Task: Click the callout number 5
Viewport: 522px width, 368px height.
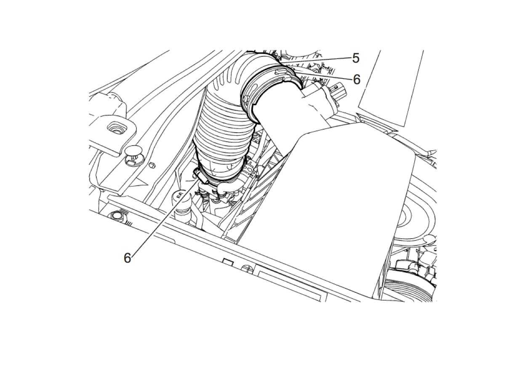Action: coord(356,58)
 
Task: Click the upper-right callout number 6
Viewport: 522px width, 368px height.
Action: coord(357,80)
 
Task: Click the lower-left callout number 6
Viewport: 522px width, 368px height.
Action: coord(128,258)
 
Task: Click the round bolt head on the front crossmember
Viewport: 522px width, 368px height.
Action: coord(117,216)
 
